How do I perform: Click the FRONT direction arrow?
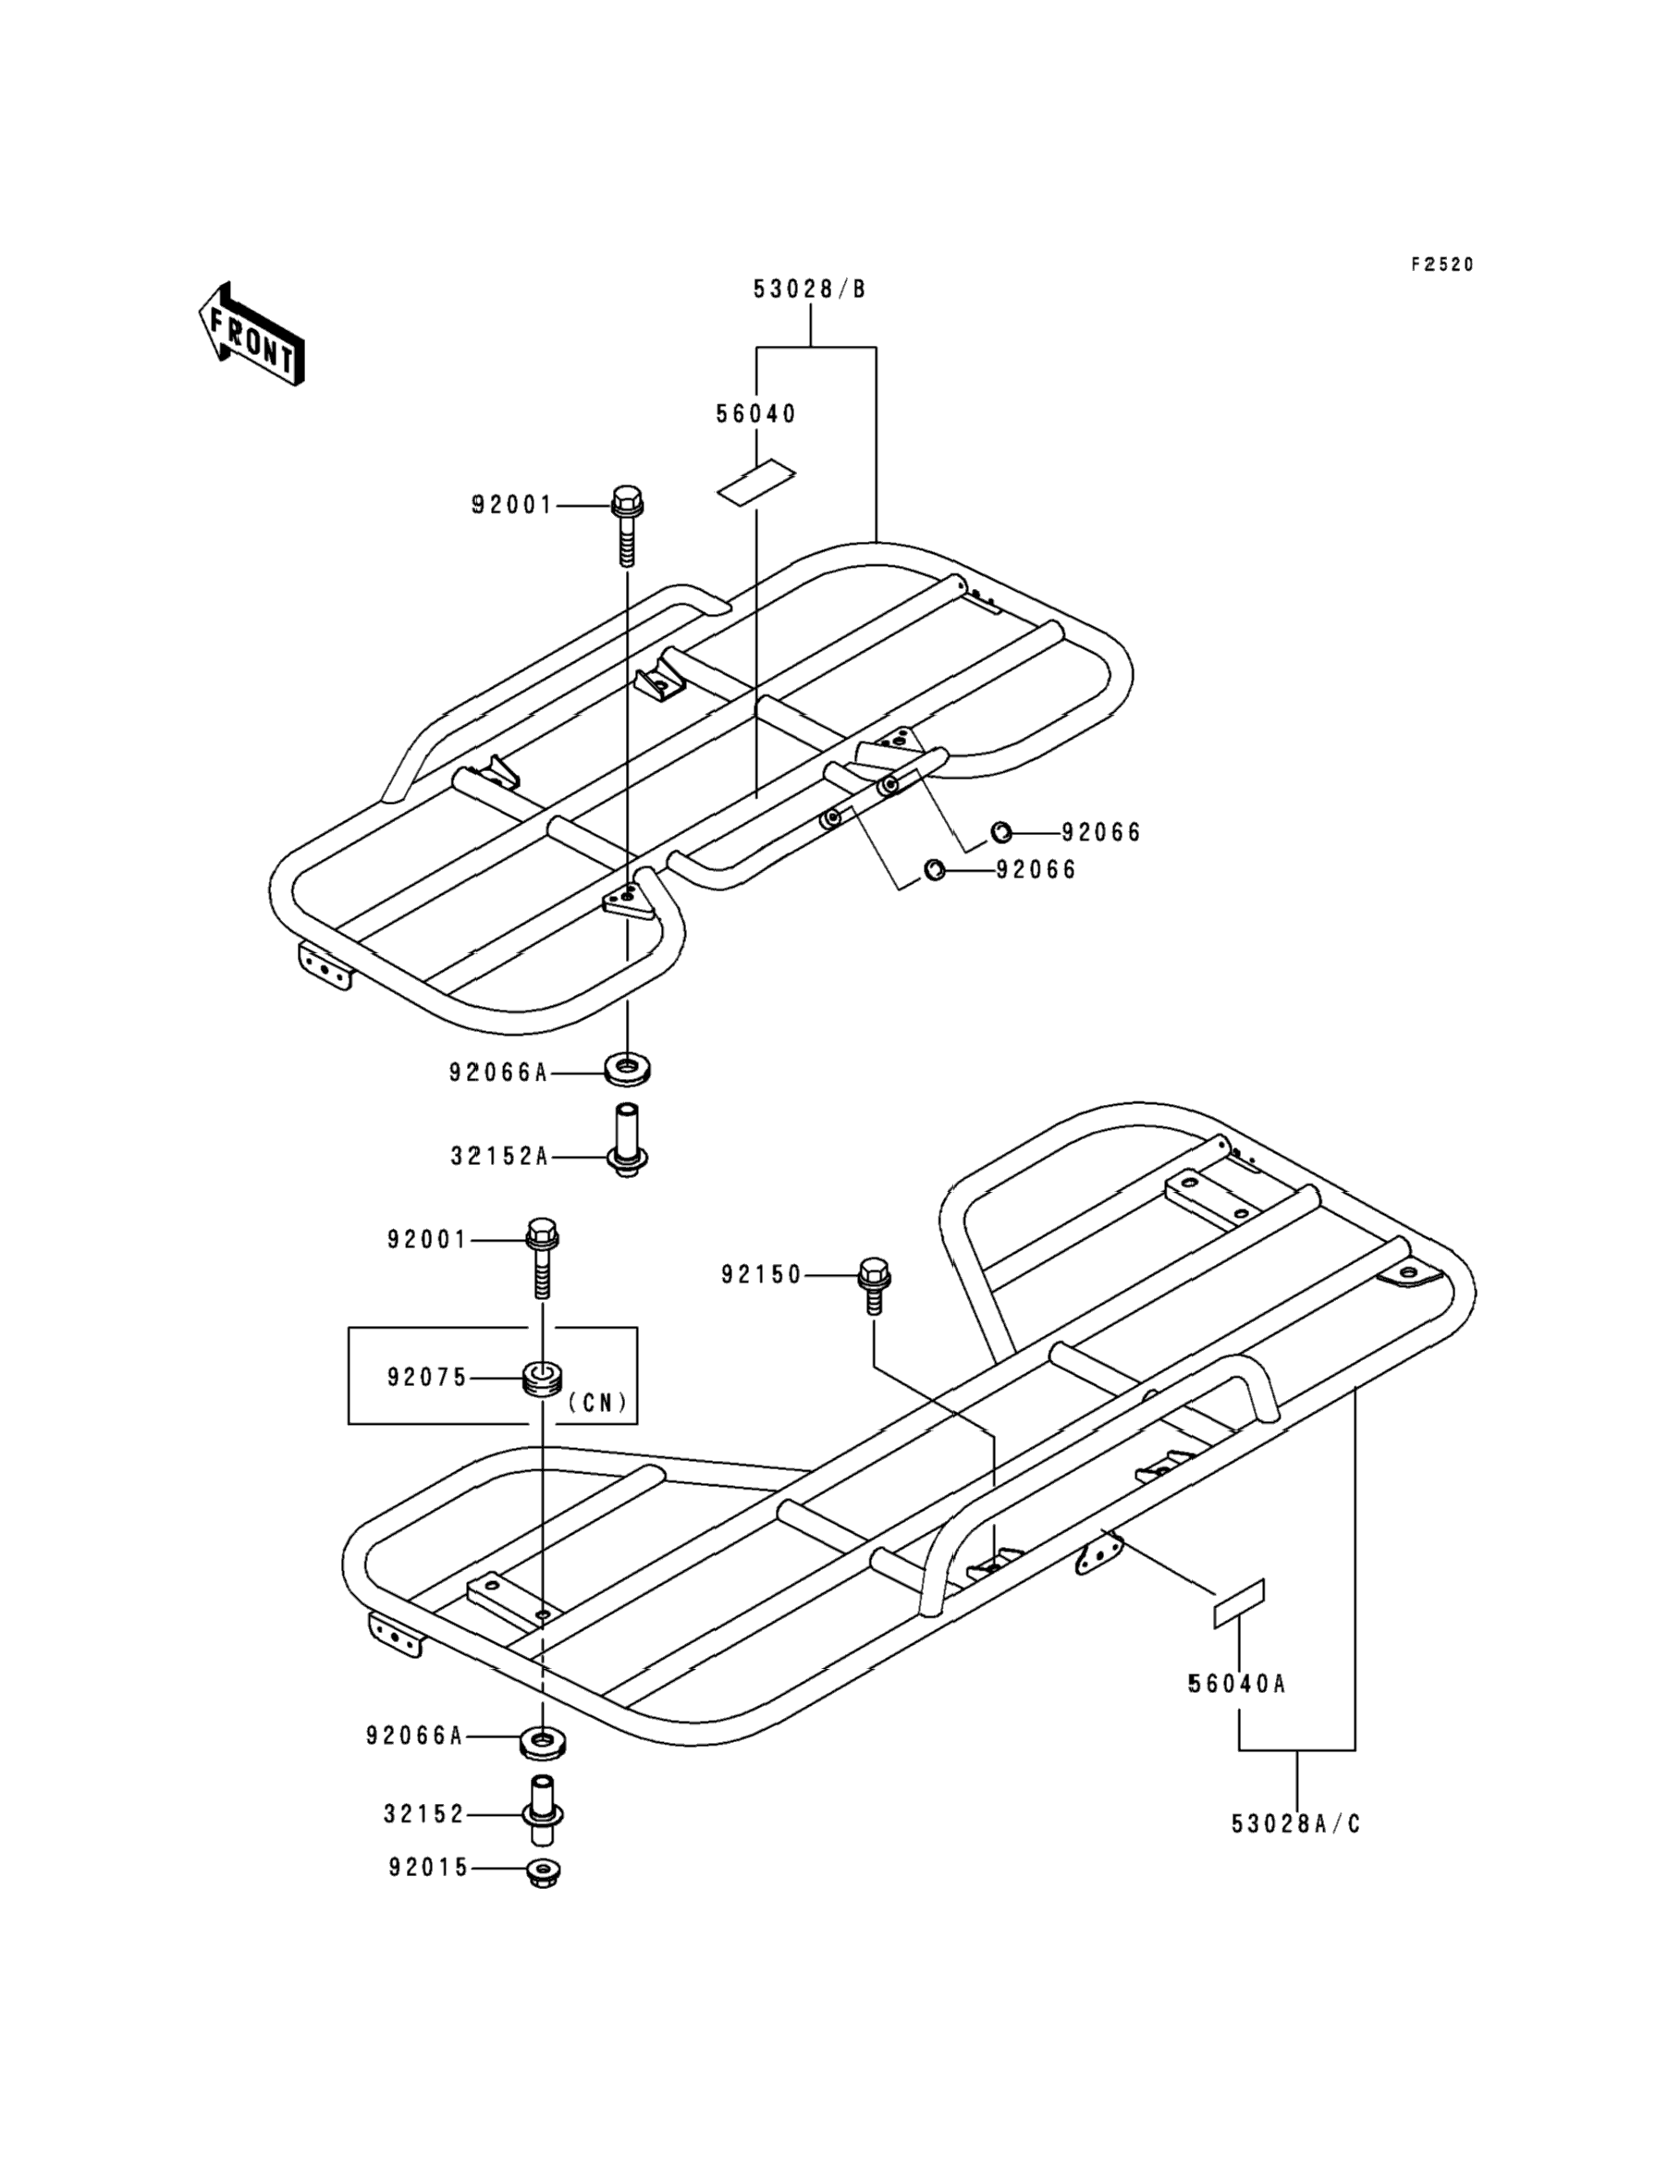tap(251, 335)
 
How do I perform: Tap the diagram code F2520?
tap(1441, 264)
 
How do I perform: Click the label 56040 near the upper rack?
tap(755, 414)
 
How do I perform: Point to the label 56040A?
tap(1236, 1684)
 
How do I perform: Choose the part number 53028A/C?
tap(1295, 1823)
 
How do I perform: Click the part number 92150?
tap(761, 1275)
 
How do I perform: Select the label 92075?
tap(427, 1377)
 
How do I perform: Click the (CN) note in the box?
tap(597, 1402)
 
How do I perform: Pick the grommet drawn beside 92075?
tap(543, 1378)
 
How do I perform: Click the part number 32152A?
tap(499, 1157)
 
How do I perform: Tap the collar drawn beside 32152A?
tap(627, 1142)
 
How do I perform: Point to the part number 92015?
tap(428, 1868)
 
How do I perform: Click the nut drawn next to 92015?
tap(543, 1872)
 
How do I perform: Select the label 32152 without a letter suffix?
tap(424, 1814)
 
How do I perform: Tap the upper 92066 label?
tap(1101, 832)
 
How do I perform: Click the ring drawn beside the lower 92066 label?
tap(934, 870)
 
